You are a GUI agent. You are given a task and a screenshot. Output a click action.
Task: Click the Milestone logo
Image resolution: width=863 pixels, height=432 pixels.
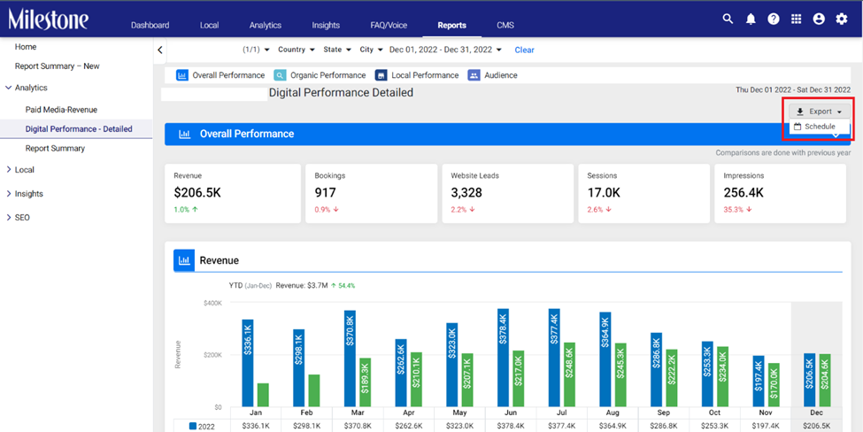48,19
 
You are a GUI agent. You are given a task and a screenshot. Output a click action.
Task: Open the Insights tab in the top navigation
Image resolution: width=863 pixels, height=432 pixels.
326,26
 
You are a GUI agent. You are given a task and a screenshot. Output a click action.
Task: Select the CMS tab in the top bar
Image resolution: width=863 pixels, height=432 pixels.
505,26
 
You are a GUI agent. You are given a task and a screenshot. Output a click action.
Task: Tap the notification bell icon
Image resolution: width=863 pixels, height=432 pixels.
751,19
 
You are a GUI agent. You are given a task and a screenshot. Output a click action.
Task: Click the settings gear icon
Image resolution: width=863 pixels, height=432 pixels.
842,19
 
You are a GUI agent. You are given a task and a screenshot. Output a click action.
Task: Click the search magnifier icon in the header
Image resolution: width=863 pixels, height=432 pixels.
728,19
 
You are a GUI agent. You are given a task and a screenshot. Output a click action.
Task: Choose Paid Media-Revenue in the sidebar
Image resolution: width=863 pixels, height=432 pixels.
61,110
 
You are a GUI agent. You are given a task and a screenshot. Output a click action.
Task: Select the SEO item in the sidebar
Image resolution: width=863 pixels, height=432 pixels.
22,218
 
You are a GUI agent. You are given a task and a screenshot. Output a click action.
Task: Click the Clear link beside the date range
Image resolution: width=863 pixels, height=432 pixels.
525,50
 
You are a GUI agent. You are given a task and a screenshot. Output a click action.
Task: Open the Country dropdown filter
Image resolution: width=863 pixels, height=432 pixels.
297,50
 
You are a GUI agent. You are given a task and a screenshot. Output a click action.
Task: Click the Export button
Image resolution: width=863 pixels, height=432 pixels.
820,112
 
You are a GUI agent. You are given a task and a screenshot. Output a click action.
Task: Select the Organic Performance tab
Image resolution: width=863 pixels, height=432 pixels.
320,75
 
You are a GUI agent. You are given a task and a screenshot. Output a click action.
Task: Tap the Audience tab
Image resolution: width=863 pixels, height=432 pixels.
493,75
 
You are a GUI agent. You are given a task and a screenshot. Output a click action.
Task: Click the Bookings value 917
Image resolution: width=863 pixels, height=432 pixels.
325,193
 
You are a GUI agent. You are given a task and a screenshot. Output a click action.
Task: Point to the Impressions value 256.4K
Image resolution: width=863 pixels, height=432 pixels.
744,193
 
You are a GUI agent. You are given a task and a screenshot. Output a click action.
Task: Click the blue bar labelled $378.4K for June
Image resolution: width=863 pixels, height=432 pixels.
503,359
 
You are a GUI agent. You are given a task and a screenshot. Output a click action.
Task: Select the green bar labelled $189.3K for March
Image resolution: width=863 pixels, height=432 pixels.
366,383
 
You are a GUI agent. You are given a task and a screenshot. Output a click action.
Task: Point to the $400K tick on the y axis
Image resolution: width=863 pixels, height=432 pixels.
212,304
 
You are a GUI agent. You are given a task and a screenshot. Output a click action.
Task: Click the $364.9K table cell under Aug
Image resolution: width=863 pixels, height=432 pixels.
613,426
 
